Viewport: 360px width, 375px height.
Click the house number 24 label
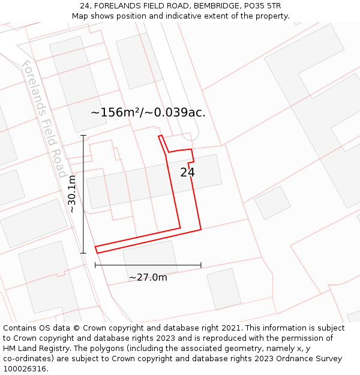coord(187,172)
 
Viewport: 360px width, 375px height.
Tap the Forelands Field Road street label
coord(44,119)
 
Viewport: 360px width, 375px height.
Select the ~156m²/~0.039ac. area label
coord(148,112)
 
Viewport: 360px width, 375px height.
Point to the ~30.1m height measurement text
coord(72,194)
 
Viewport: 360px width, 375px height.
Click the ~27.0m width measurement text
coord(148,277)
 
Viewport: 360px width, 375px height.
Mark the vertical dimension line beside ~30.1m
coord(83,194)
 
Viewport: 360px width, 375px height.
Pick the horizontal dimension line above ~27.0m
coord(148,265)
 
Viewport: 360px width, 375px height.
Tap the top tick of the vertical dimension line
coord(83,136)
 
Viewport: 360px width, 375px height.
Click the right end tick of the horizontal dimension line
coord(201,265)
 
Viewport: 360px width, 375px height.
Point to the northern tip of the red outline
coord(160,136)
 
